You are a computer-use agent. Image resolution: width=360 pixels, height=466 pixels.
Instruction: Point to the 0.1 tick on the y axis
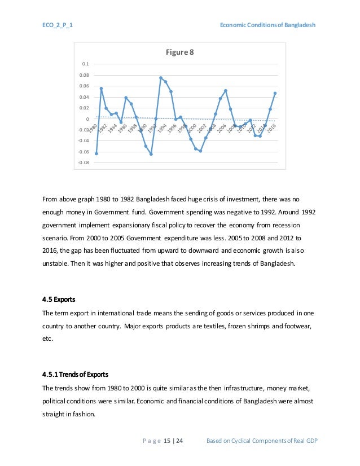85,64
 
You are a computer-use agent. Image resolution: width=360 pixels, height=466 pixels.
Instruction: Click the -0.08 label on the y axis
82,162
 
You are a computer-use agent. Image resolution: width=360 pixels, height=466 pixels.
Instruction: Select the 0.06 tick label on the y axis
84,86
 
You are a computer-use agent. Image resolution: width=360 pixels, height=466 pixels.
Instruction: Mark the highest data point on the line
161,78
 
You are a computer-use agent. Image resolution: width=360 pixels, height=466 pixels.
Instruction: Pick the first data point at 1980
96,153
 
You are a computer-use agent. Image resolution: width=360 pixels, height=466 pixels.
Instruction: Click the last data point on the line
275,93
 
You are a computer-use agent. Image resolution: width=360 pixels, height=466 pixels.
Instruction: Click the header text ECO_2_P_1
56,26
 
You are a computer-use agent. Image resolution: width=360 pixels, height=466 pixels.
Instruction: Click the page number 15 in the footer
167,440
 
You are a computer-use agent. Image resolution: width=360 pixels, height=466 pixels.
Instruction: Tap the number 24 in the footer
179,440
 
